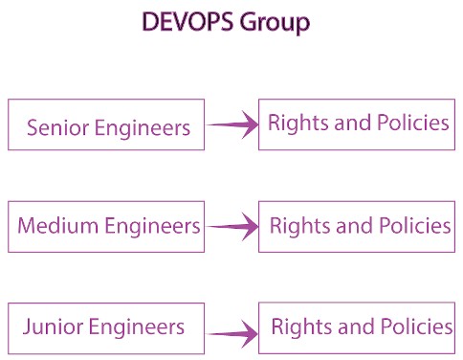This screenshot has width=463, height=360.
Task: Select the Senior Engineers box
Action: pyautogui.click(x=105, y=124)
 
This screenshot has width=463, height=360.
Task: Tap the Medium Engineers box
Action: pyautogui.click(x=105, y=226)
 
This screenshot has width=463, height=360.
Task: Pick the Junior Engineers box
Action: pyautogui.click(x=105, y=327)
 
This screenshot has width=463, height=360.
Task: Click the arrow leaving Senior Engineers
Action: pyautogui.click(x=232, y=124)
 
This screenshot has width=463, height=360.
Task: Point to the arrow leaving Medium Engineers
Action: pyautogui.click(x=232, y=227)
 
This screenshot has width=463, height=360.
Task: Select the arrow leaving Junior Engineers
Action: pyautogui.click(x=232, y=334)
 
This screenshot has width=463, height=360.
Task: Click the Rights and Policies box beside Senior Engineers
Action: pyautogui.click(x=357, y=124)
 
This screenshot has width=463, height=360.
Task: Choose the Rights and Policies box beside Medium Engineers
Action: pyautogui.click(x=357, y=226)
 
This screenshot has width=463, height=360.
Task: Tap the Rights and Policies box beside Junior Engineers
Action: pyautogui.click(x=357, y=327)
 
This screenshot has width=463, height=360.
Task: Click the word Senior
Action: pyautogui.click(x=55, y=127)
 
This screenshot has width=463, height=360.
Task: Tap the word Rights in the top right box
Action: pyautogui.click(x=292, y=124)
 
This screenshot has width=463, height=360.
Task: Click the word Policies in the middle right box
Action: pyautogui.click(x=412, y=226)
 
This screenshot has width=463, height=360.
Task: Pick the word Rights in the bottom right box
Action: pyautogui.click(x=296, y=327)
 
